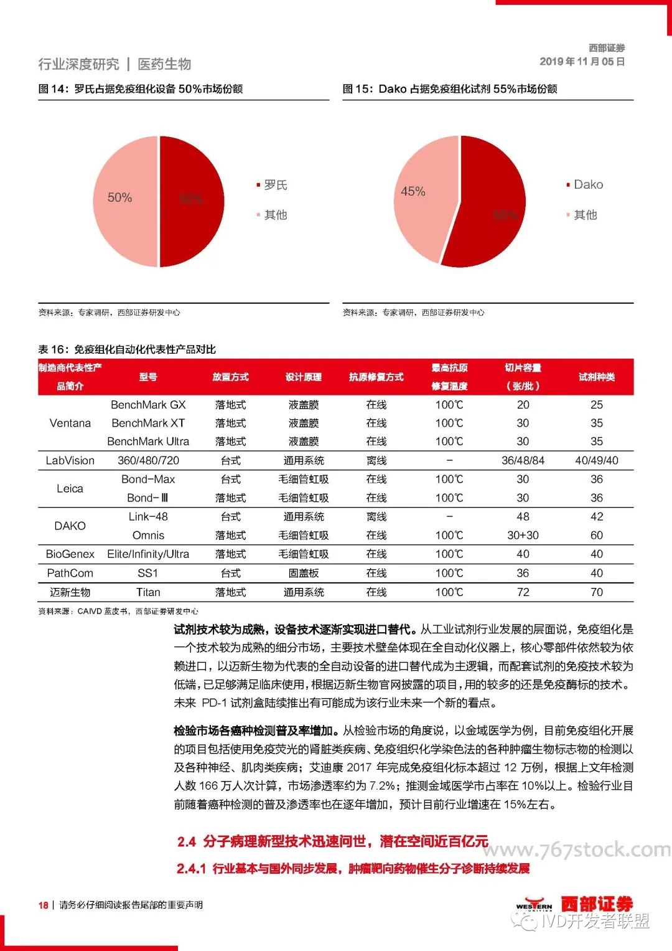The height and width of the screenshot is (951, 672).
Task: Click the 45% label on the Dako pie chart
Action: click(413, 192)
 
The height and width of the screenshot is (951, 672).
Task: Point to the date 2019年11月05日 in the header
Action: click(582, 62)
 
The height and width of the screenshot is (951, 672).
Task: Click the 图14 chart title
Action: click(141, 89)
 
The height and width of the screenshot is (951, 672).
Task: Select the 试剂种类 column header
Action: click(596, 377)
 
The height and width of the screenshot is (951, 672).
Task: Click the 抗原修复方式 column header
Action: click(376, 377)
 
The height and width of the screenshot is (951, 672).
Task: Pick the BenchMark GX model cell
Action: click(148, 405)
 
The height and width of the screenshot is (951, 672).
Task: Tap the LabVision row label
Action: click(70, 461)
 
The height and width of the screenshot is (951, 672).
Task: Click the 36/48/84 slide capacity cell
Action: click(523, 461)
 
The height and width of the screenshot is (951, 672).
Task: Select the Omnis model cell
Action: click(148, 536)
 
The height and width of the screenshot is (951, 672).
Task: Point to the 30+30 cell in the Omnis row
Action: click(523, 536)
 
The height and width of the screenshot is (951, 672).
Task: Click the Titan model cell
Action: click(148, 592)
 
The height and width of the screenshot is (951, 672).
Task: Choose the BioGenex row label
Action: click(70, 554)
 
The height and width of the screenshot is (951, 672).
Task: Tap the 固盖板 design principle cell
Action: click(304, 574)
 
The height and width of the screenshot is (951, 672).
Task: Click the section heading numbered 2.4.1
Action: click(353, 869)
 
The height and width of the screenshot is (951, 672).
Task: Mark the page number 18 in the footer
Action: click(43, 905)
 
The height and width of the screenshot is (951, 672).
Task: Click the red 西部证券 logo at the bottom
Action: click(597, 904)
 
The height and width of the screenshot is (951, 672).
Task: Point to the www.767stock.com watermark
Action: click(576, 849)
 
